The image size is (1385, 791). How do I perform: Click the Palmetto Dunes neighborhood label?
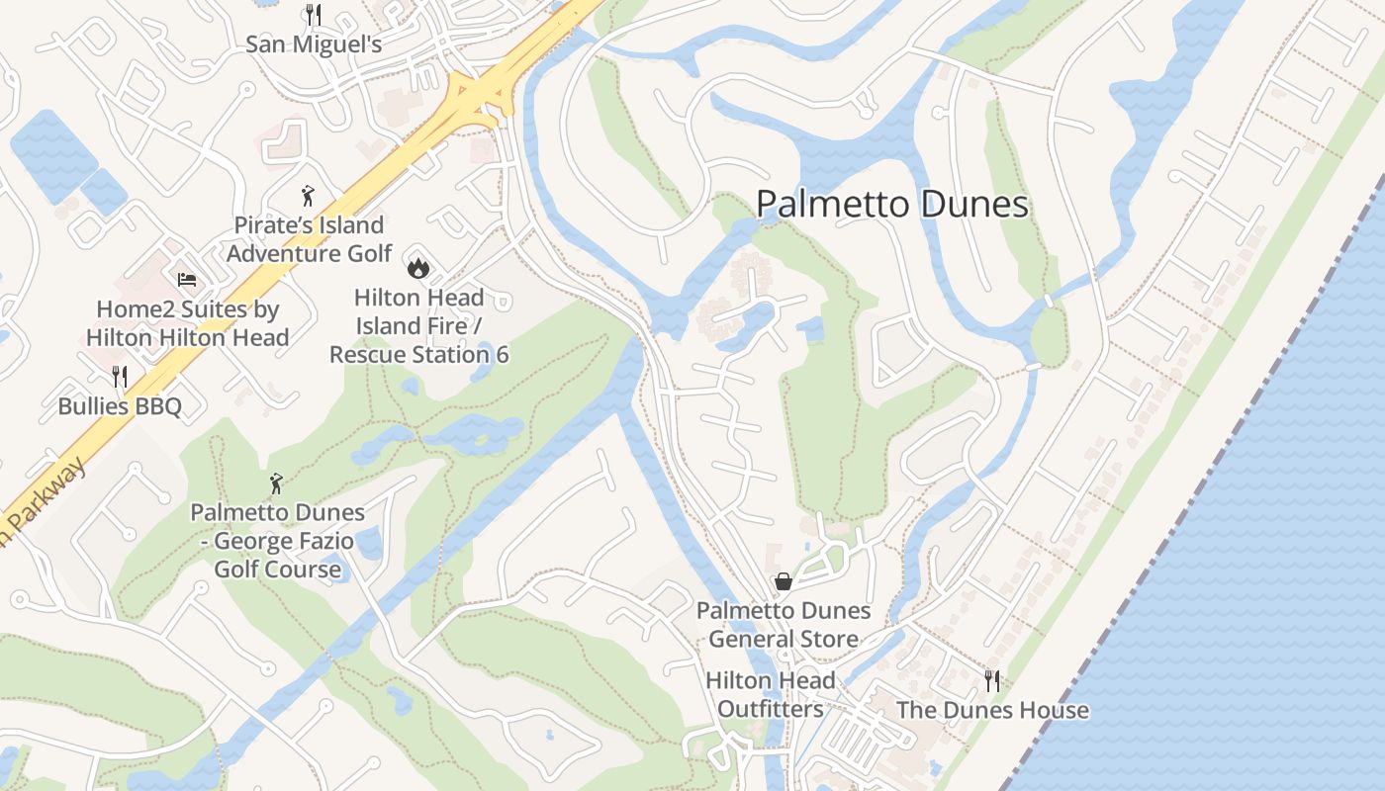click(x=892, y=205)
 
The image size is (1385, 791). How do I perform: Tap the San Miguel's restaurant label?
click(x=314, y=44)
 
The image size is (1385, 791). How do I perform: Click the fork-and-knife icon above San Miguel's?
click(x=313, y=14)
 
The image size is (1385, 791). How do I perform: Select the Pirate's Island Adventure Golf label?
click(x=309, y=239)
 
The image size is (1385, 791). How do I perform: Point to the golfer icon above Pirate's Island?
click(x=309, y=193)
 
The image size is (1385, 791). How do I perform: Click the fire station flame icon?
click(x=418, y=266)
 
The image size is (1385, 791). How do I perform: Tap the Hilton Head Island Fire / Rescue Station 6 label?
click(x=419, y=325)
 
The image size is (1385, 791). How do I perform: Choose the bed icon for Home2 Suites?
click(x=187, y=280)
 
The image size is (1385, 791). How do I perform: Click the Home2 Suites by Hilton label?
click(x=188, y=323)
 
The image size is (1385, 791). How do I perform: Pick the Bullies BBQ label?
click(x=120, y=406)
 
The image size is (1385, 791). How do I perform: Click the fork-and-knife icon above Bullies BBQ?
click(x=120, y=376)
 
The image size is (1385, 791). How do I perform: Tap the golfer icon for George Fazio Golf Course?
click(x=277, y=483)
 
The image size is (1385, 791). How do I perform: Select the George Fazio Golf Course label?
click(x=278, y=541)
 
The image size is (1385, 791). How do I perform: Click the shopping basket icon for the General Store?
click(x=784, y=581)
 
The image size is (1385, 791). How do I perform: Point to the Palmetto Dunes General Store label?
click(x=784, y=625)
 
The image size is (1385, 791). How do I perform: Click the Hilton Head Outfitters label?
click(x=771, y=695)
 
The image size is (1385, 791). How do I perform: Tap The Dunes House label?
click(x=992, y=710)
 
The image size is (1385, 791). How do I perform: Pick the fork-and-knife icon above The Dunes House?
click(x=991, y=680)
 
